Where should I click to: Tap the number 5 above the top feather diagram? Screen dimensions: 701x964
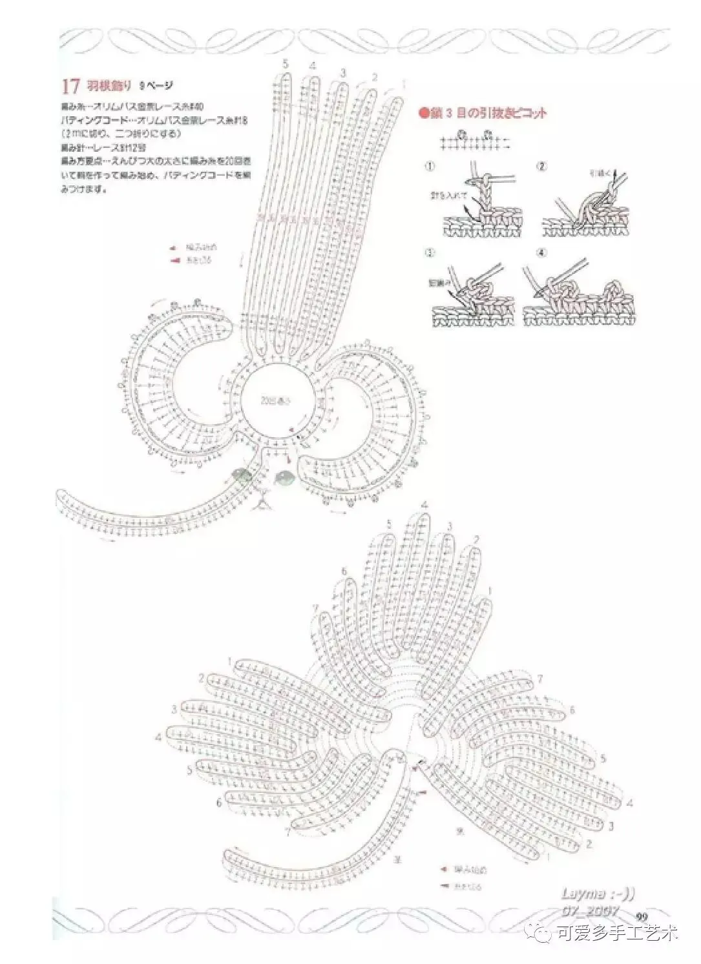coord(285,63)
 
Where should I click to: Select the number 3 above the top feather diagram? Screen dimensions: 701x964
coord(343,72)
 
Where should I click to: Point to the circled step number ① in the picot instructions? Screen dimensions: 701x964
coord(429,166)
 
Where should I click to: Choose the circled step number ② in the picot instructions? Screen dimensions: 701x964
coord(541,166)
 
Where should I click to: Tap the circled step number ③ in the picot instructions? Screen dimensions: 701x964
coord(429,252)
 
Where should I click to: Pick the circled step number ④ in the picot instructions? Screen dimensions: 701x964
coord(541,252)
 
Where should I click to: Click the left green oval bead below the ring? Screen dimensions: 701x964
coord(243,476)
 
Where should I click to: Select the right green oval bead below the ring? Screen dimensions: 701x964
coord(284,477)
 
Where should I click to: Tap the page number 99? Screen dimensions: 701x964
coord(642,916)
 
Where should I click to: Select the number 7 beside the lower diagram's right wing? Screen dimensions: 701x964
coord(541,679)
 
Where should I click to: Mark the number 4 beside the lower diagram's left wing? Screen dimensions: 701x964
coord(158,737)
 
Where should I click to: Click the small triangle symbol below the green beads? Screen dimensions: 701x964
coord(263,500)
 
